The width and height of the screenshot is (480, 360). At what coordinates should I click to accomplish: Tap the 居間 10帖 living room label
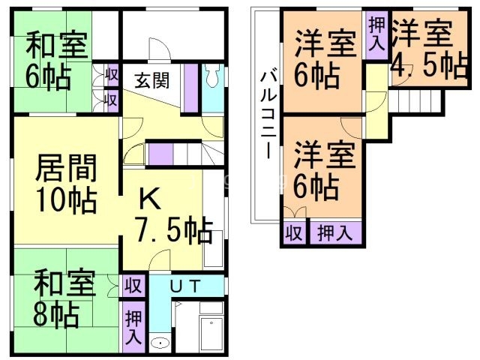point(65,184)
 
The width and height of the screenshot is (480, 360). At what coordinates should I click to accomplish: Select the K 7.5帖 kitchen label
point(171,215)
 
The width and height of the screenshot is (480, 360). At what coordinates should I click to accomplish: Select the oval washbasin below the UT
point(160,343)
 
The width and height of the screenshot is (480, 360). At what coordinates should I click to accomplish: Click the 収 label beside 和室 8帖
point(133,285)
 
